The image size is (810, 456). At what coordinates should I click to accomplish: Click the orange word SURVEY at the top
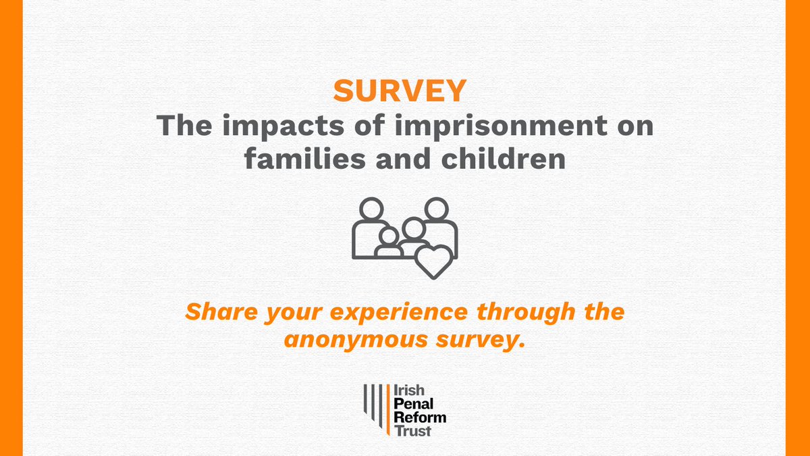400,91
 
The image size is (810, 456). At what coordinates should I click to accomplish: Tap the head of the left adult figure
370,209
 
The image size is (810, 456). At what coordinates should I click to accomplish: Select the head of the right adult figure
437,209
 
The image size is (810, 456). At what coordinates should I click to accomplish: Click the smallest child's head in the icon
388,237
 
